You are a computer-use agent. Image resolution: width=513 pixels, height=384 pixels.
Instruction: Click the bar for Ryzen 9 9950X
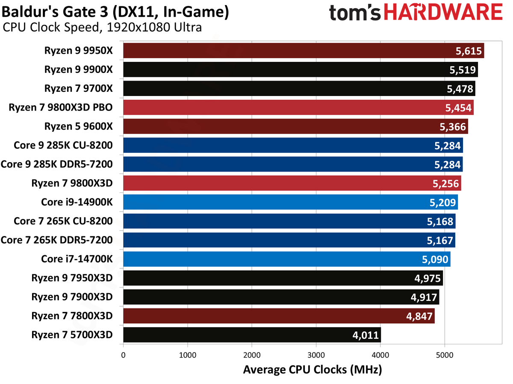pyautogui.click(x=304, y=51)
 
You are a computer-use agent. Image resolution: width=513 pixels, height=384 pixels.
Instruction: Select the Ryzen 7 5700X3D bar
pyautogui.click(x=252, y=335)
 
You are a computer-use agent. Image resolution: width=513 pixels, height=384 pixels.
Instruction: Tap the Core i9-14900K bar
pyautogui.click(x=290, y=202)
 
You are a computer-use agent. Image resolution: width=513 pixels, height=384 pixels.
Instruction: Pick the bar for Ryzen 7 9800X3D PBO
pyautogui.click(x=298, y=108)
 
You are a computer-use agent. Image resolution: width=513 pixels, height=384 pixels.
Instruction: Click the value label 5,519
pyautogui.click(x=462, y=70)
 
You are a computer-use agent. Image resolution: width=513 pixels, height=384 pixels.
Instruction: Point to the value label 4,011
pyautogui.click(x=365, y=335)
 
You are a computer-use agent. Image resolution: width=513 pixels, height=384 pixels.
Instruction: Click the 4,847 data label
pyautogui.click(x=419, y=316)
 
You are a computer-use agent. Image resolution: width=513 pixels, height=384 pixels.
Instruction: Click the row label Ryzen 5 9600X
pyautogui.click(x=78, y=126)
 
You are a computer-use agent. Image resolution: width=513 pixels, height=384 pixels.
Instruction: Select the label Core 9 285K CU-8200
pyautogui.click(x=63, y=145)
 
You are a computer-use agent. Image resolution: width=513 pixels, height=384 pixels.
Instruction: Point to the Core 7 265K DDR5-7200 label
pyautogui.click(x=56, y=240)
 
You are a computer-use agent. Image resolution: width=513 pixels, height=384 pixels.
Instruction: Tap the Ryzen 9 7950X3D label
pyautogui.click(x=72, y=278)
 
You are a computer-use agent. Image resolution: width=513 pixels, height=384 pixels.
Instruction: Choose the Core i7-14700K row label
pyautogui.click(x=77, y=259)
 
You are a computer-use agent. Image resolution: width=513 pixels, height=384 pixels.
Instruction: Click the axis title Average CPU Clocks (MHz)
pyautogui.click(x=312, y=369)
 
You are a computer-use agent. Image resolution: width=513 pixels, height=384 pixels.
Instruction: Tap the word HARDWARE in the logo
pyautogui.click(x=443, y=13)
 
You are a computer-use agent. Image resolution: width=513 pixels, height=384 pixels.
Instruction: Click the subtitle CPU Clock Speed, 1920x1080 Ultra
pyautogui.click(x=102, y=28)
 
